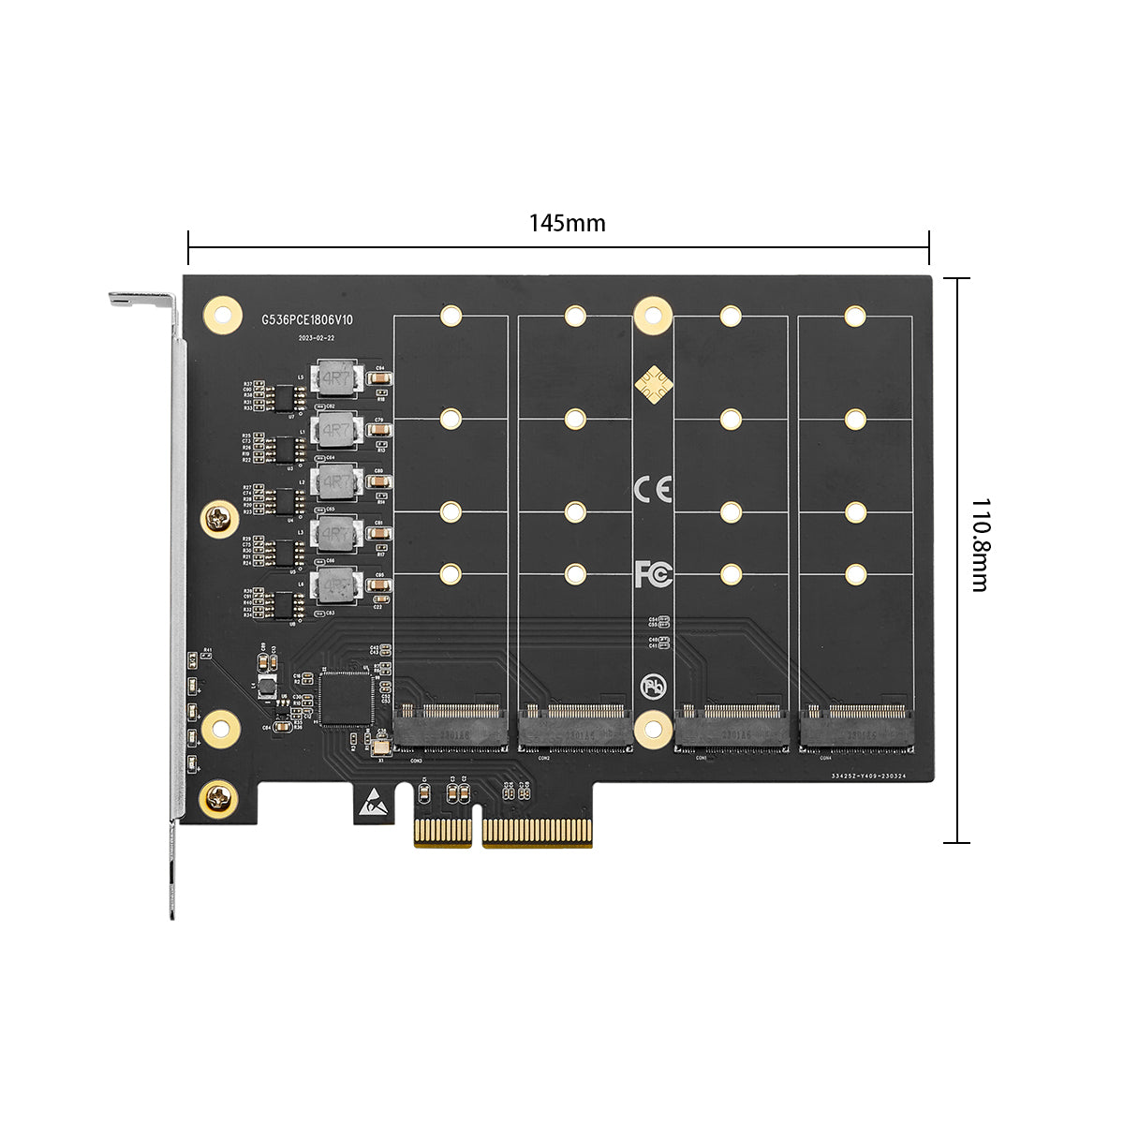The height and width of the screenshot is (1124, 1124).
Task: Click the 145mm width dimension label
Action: coord(567,223)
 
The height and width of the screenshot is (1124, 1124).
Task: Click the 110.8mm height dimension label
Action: coord(980,544)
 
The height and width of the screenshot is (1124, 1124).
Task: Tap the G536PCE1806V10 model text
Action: coord(306,320)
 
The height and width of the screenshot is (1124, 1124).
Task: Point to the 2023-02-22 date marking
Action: coord(316,338)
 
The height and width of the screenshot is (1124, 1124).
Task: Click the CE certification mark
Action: coord(653,488)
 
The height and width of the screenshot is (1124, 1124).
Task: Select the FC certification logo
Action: coord(653,573)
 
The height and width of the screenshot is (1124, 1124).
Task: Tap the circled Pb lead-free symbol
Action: coord(653,687)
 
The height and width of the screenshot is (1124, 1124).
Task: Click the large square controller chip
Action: coord(345,698)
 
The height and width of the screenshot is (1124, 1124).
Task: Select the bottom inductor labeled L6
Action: coord(336,586)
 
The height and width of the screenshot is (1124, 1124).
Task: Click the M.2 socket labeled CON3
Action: coord(451,727)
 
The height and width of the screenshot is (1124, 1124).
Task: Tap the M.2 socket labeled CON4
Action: coord(856,727)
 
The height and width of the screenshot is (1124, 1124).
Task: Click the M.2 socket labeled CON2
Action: coord(574,727)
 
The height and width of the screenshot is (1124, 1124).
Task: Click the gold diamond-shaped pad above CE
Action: coord(653,384)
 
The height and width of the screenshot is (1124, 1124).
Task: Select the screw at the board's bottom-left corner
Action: coord(219,798)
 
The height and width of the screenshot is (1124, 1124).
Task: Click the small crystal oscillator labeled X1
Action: coord(380,747)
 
